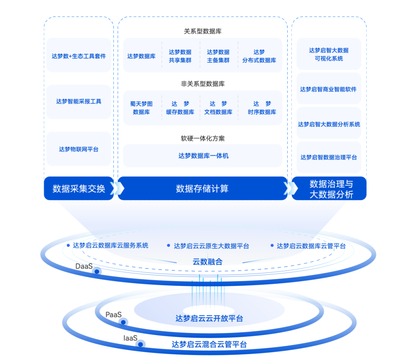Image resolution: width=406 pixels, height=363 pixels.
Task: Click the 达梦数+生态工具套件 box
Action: coord(79,56)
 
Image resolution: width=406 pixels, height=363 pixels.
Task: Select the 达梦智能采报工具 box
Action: coord(79,101)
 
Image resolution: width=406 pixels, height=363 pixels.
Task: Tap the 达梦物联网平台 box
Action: coord(79,149)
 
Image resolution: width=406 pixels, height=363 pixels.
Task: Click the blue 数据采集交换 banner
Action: coord(79,188)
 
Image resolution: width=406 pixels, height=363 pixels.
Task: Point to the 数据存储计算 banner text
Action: coord(202,188)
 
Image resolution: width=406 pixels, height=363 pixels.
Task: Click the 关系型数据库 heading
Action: coord(202,31)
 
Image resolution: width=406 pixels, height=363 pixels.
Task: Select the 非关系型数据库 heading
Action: coord(202,84)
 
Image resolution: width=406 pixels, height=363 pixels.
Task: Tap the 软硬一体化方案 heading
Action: coord(202,138)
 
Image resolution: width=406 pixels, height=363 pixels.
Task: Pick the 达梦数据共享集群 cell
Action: coord(180,56)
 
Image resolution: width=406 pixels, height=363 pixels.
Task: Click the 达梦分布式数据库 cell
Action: coord(259,56)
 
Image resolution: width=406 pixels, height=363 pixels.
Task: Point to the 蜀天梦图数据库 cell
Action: coord(141,108)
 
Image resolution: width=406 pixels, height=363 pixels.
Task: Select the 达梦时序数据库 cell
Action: coord(262,108)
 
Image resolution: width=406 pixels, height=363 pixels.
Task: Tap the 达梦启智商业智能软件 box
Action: coord(328,89)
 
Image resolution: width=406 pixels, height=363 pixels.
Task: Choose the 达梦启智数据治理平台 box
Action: coord(329,157)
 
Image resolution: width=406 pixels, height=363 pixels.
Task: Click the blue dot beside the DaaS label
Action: coord(97,271)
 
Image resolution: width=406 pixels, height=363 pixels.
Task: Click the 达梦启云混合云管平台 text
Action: coord(209,344)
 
